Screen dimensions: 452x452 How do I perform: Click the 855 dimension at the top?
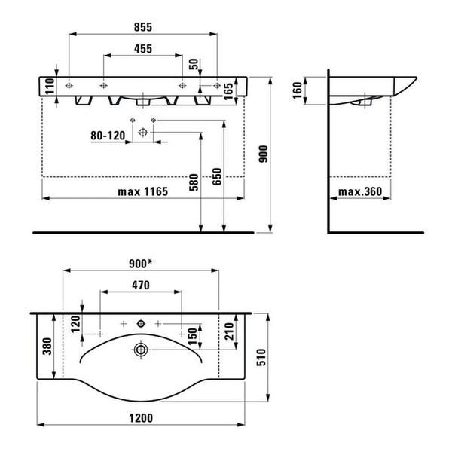coord(143,27)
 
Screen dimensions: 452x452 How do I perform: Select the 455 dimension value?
coord(143,49)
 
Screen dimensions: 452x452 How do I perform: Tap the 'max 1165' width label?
coord(143,191)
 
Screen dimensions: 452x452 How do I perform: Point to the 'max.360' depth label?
coord(360,191)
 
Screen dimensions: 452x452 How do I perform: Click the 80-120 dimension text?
coord(108,136)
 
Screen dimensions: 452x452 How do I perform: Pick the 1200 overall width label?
coord(141,418)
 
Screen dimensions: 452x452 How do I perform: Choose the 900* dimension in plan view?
coord(141,264)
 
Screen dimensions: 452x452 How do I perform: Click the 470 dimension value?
coord(141,285)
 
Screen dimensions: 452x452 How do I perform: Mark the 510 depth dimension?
coord(261,357)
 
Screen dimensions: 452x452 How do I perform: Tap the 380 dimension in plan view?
coord(47,347)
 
